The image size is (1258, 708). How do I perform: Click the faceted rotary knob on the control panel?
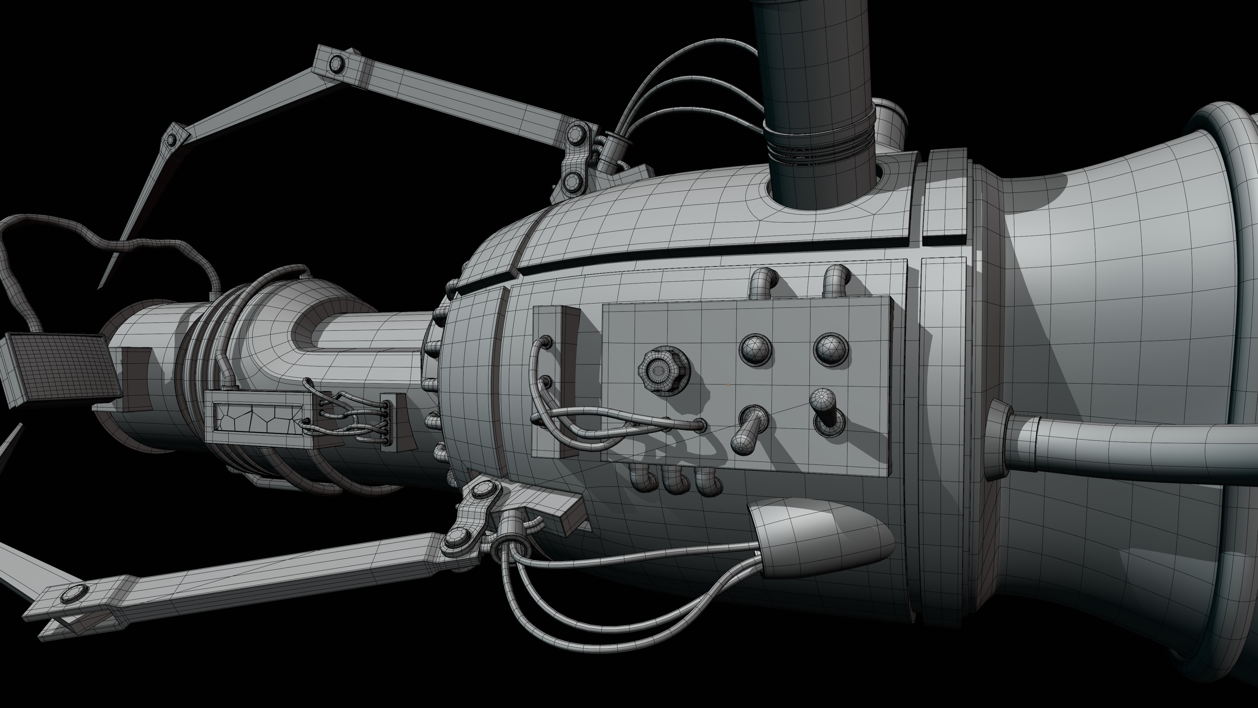pyautogui.click(x=663, y=370)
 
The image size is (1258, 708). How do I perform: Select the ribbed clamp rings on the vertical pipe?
pyautogui.click(x=818, y=147)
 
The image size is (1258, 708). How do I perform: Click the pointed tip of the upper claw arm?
pyautogui.click(x=102, y=285)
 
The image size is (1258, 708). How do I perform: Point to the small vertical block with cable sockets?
pyautogui.click(x=555, y=381)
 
